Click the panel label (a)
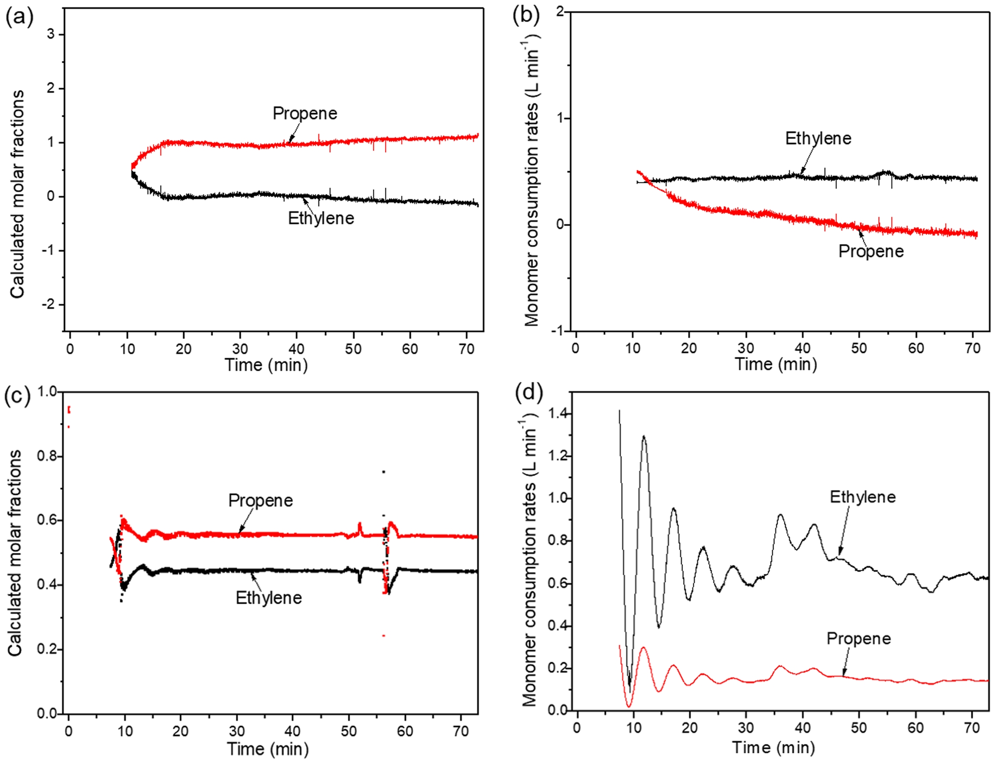[19, 17]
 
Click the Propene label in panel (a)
[305, 114]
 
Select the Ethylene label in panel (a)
[321, 218]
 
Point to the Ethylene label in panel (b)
[818, 138]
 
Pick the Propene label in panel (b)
[870, 251]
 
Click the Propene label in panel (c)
[260, 501]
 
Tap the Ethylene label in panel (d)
[862, 497]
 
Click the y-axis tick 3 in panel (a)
[52, 34]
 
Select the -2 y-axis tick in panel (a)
[49, 304]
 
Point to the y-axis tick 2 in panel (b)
[560, 12]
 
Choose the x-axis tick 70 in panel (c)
[461, 731]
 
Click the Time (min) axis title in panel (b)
[776, 364]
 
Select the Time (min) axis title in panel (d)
[774, 748]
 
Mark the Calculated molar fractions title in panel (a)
[17, 194]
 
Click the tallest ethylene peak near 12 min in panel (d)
[644, 437]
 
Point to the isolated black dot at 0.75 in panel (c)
[383, 472]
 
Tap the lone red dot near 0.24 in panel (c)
[383, 636]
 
